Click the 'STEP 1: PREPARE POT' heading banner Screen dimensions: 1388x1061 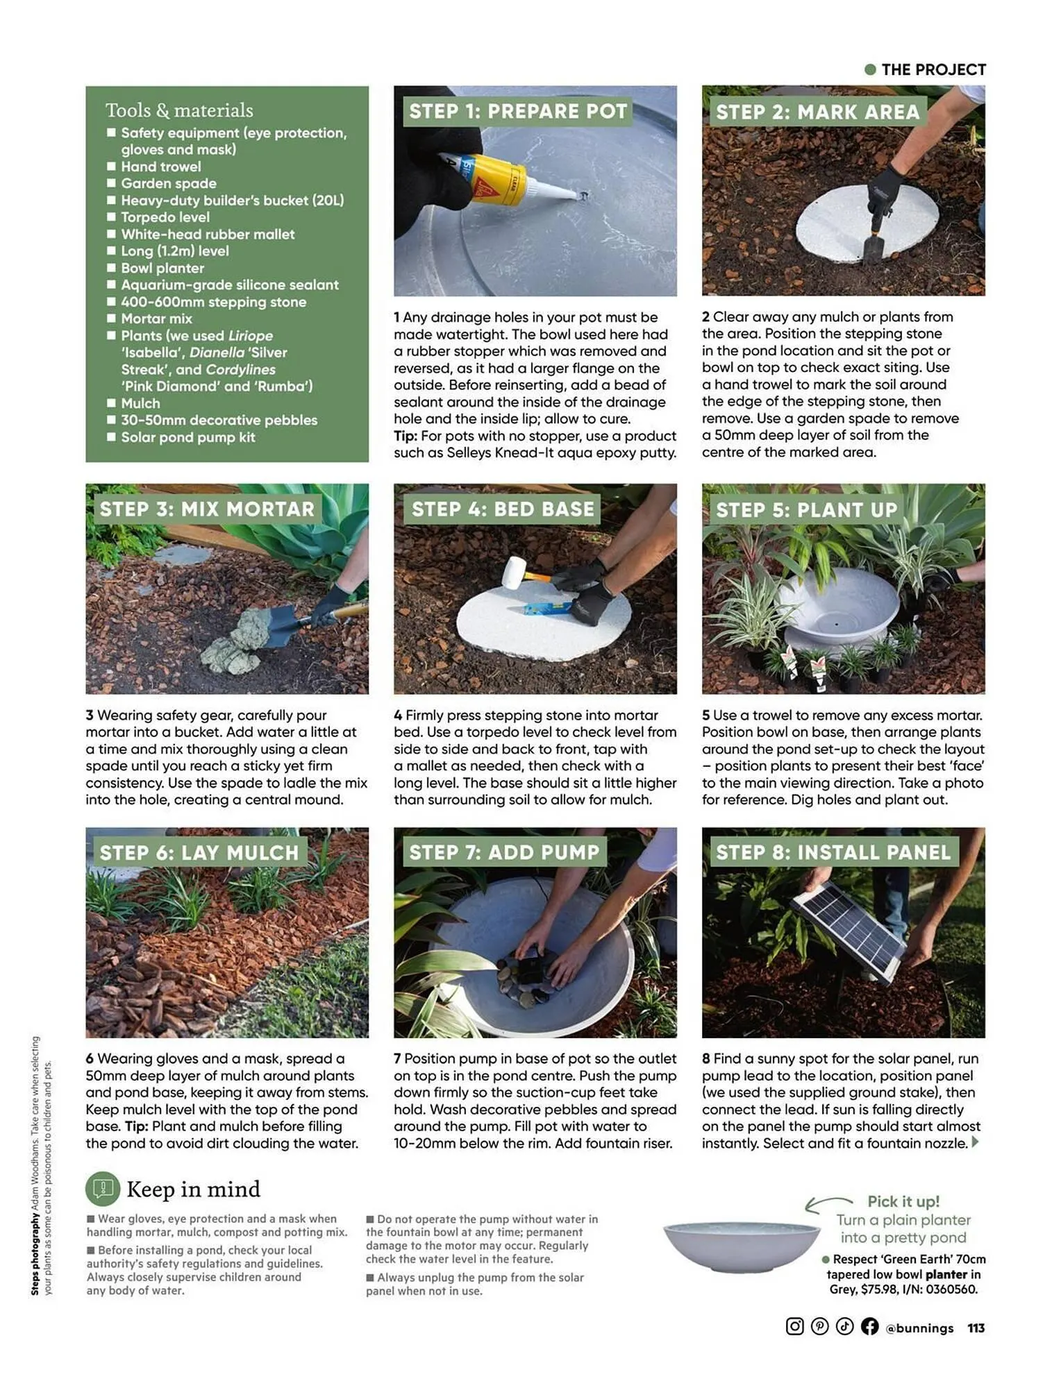(517, 111)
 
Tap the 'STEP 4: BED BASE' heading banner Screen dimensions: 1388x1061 (503, 509)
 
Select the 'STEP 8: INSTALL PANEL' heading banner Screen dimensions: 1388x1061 (833, 852)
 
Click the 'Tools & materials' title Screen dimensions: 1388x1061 (179, 110)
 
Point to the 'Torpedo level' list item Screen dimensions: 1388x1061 (165, 217)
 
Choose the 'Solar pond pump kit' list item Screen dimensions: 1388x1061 (188, 437)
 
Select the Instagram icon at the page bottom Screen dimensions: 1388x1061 (794, 1326)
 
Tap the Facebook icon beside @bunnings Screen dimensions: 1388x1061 (869, 1326)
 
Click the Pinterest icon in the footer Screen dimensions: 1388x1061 (819, 1326)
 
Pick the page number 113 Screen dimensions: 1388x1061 (976, 1328)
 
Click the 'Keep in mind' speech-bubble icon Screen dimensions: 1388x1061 (103, 1189)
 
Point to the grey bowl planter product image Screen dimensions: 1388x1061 (741, 1246)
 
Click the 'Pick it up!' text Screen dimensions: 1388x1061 (903, 1201)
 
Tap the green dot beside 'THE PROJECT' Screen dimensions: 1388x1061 (870, 69)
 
